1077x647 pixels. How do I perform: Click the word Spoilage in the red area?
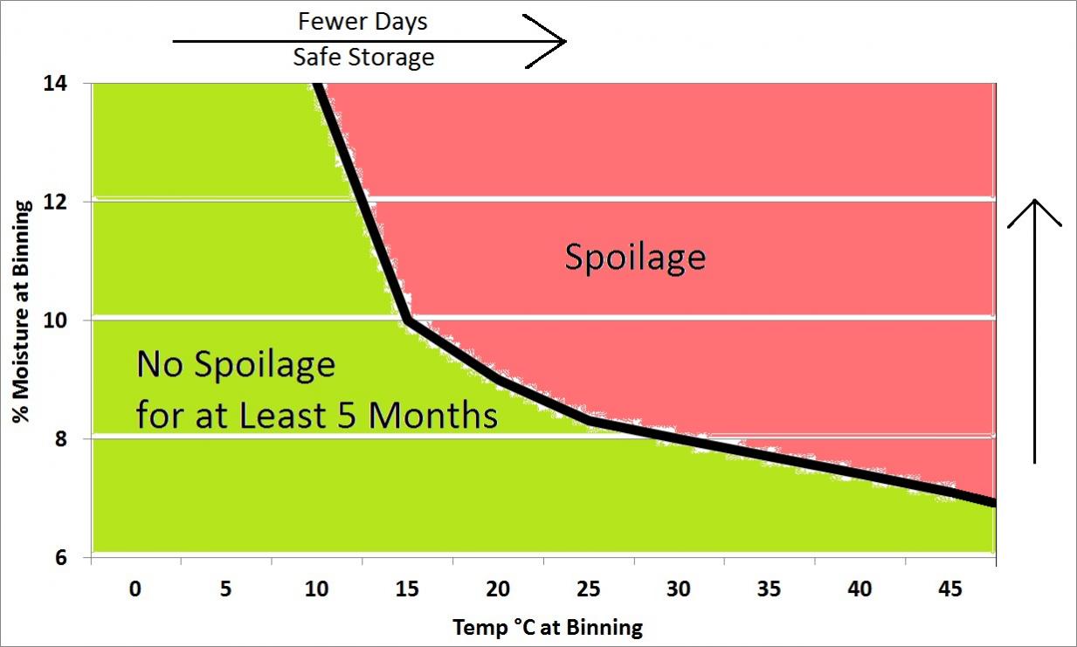click(x=635, y=257)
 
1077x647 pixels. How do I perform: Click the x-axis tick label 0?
click(x=135, y=589)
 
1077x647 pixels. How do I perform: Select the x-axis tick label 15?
click(x=408, y=589)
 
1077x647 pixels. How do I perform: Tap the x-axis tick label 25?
click(x=589, y=589)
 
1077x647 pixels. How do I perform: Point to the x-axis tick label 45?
click(x=951, y=589)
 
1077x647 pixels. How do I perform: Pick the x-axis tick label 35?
click(x=770, y=589)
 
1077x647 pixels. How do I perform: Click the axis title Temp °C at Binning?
click(x=548, y=627)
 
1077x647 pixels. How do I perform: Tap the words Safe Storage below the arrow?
click(x=363, y=59)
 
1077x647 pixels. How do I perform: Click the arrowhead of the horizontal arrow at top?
click(x=559, y=40)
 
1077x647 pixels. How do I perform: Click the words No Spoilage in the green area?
click(x=236, y=364)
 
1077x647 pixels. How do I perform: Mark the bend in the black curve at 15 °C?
click(x=408, y=320)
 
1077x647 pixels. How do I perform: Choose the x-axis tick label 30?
click(x=680, y=589)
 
